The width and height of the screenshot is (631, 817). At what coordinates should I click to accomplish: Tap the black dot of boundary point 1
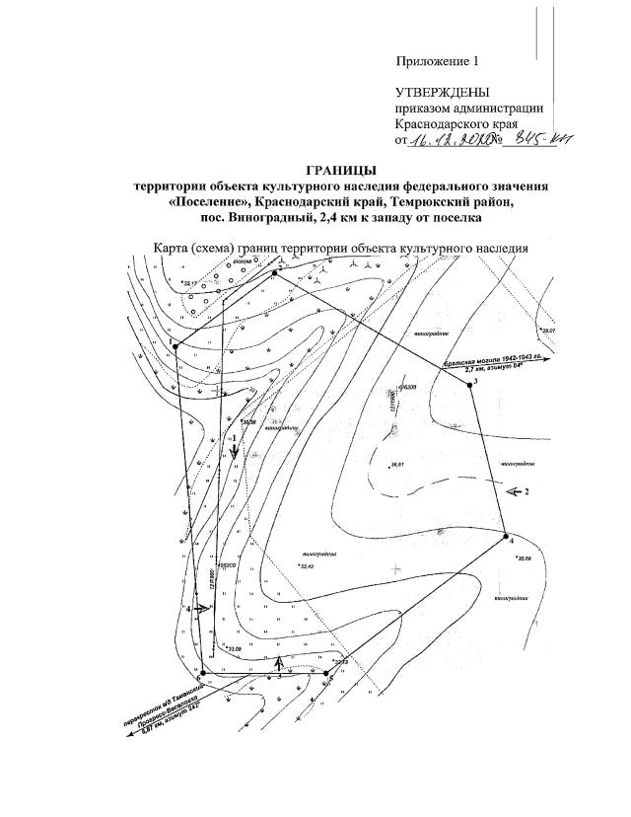pos(175,346)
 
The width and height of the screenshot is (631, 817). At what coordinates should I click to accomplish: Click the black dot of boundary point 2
pos(274,272)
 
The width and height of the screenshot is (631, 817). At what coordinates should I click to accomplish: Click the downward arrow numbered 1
pos(235,449)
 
